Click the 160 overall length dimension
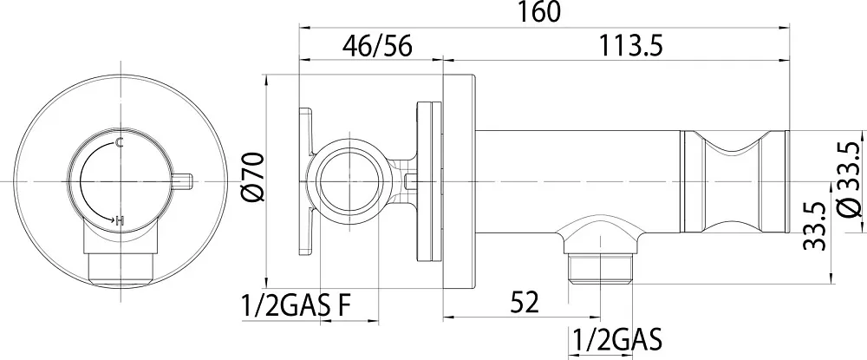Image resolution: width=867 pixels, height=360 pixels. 539,12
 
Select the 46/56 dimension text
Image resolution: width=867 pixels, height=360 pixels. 377,47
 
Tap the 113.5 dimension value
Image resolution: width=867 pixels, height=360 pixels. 630,46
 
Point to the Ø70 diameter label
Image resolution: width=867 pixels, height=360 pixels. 254,177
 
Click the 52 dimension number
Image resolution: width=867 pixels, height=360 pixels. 523,303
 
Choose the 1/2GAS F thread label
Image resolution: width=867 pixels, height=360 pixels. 296,306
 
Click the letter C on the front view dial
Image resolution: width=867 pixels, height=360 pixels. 119,143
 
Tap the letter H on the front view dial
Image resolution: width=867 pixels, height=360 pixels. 121,221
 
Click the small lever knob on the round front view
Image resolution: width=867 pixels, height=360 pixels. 182,181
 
